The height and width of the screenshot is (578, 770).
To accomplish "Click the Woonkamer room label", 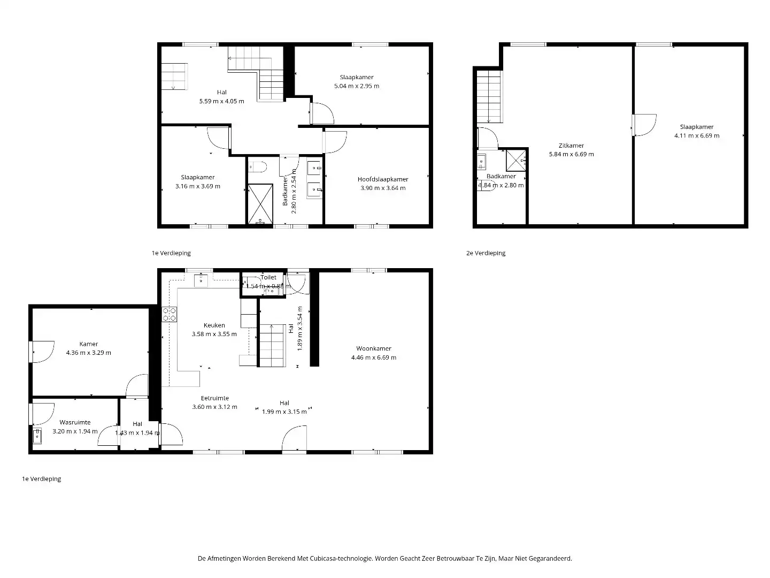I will (x=374, y=348).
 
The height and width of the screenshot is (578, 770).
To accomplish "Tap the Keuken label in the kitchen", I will (x=214, y=325).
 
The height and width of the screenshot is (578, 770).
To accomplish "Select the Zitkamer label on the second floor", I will (x=571, y=146).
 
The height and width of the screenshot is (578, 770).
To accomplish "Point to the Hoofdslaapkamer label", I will (x=383, y=179).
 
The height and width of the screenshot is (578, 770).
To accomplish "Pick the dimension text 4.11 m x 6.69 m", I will (x=697, y=135).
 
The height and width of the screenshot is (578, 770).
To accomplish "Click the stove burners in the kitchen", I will (x=170, y=314).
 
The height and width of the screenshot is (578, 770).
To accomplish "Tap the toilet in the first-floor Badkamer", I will (x=258, y=167).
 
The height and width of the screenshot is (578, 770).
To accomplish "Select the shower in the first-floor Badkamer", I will (x=260, y=204).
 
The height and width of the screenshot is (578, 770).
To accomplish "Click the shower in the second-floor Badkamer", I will (x=516, y=159).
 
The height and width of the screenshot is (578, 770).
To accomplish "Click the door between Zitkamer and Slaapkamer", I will (x=644, y=125).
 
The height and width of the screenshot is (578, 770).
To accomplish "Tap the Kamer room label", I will (x=89, y=344).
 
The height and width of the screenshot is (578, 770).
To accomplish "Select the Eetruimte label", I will (x=214, y=398).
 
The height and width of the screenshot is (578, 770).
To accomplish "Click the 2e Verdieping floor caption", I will (x=486, y=253).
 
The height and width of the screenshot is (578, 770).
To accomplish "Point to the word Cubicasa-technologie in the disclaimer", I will (x=343, y=558).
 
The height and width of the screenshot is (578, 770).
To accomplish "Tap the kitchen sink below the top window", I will (x=201, y=280).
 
